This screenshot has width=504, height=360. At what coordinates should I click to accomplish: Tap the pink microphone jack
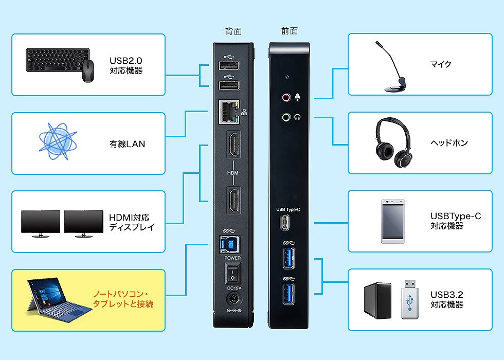pyautogui.click(x=286, y=97)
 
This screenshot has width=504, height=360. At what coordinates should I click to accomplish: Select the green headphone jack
pyautogui.click(x=286, y=117)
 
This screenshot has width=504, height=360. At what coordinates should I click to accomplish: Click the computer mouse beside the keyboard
pyautogui.click(x=88, y=71)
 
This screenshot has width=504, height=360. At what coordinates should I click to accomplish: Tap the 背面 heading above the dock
pyautogui.click(x=233, y=31)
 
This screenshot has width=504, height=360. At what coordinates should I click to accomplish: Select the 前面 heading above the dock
pyautogui.click(x=289, y=31)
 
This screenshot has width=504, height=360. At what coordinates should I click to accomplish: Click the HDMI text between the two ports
pyautogui.click(x=233, y=173)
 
